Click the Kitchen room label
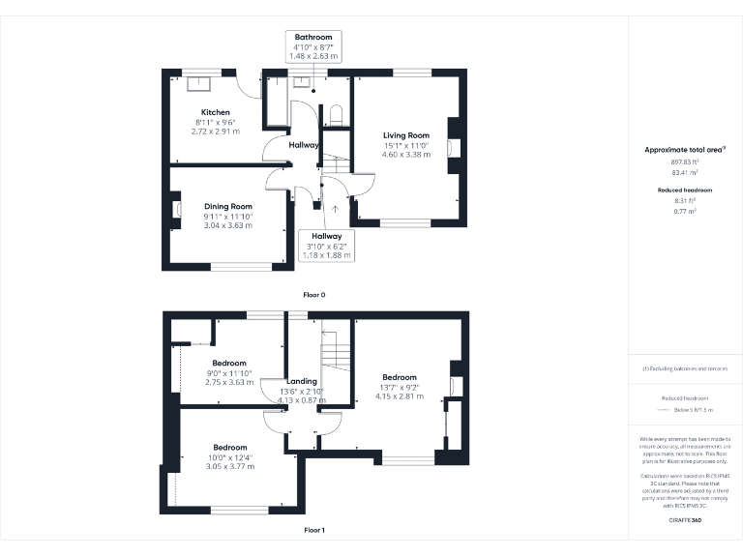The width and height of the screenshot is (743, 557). [215, 112]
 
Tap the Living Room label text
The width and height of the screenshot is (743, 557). [405, 135]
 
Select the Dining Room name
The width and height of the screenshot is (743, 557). [227, 206]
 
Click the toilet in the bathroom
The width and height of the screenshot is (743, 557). [337, 115]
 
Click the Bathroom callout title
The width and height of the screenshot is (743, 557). [313, 37]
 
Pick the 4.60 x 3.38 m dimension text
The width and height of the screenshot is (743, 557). [405, 154]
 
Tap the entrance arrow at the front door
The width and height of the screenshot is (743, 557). [335, 207]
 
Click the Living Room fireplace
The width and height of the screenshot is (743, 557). [451, 147]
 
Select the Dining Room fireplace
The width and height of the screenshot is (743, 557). [177, 208]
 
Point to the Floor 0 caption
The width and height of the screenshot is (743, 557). [314, 293]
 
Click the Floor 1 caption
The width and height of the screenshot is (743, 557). [314, 530]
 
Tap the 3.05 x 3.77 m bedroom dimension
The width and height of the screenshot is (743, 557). [229, 466]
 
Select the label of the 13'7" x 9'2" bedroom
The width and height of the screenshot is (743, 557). [399, 377]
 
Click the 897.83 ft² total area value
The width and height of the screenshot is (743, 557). [685, 162]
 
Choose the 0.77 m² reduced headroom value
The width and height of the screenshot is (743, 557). [685, 210]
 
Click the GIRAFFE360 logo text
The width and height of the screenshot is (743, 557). [685, 520]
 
